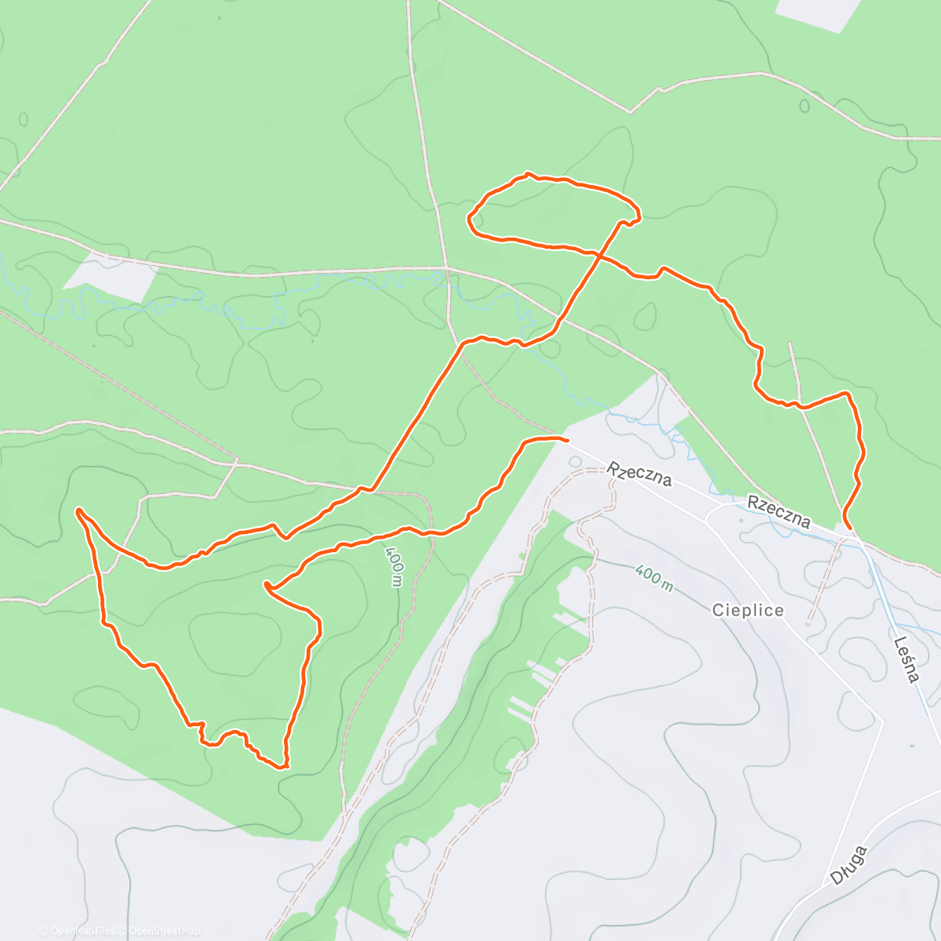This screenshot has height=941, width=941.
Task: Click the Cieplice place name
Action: pos(748,610)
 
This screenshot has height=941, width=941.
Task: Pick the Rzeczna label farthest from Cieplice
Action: pos(639,474)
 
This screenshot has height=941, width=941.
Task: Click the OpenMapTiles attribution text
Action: pos(82,931)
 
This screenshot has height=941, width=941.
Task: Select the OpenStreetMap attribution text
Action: pos(164,931)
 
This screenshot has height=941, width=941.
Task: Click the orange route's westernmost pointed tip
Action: pos(78,511)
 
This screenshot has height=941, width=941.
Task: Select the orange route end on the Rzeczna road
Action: pos(565,438)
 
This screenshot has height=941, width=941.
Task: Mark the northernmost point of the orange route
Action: pos(528,173)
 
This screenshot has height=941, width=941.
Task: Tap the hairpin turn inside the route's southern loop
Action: pos(267,585)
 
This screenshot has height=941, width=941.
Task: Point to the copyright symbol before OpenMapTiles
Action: pos(44,931)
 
